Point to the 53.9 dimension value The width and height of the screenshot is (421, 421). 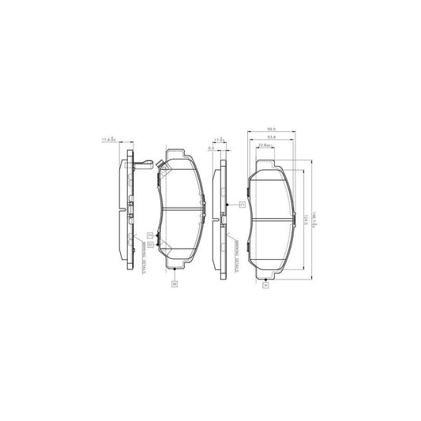pos(271,137)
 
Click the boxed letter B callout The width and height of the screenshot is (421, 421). pos(172,283)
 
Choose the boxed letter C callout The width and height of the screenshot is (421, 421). pos(242,205)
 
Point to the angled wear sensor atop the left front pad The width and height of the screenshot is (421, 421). pos(160,167)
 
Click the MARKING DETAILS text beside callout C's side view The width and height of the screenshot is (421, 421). pos(235,257)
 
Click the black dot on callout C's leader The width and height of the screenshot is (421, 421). pos(227,205)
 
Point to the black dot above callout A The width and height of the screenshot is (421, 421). pos(265,278)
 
